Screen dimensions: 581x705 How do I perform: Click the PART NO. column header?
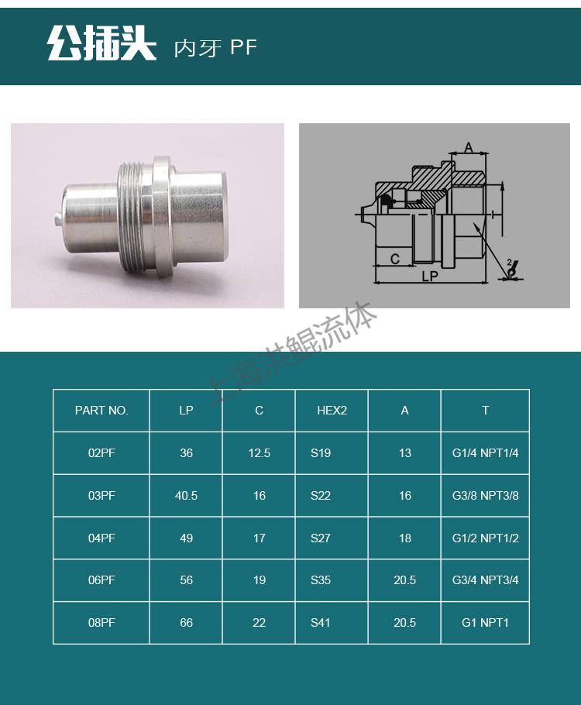[x=101, y=411]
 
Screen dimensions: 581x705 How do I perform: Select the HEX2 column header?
[x=332, y=411]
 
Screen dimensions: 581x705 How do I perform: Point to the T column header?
[x=485, y=411]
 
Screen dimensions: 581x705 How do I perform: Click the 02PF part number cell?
[x=101, y=452]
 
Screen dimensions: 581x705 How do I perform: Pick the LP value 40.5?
[x=186, y=496]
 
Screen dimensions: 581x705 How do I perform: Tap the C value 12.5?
[x=259, y=452]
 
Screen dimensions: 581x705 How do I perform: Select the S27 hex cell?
[x=321, y=538]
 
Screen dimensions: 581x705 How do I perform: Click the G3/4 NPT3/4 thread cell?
[x=485, y=580]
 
